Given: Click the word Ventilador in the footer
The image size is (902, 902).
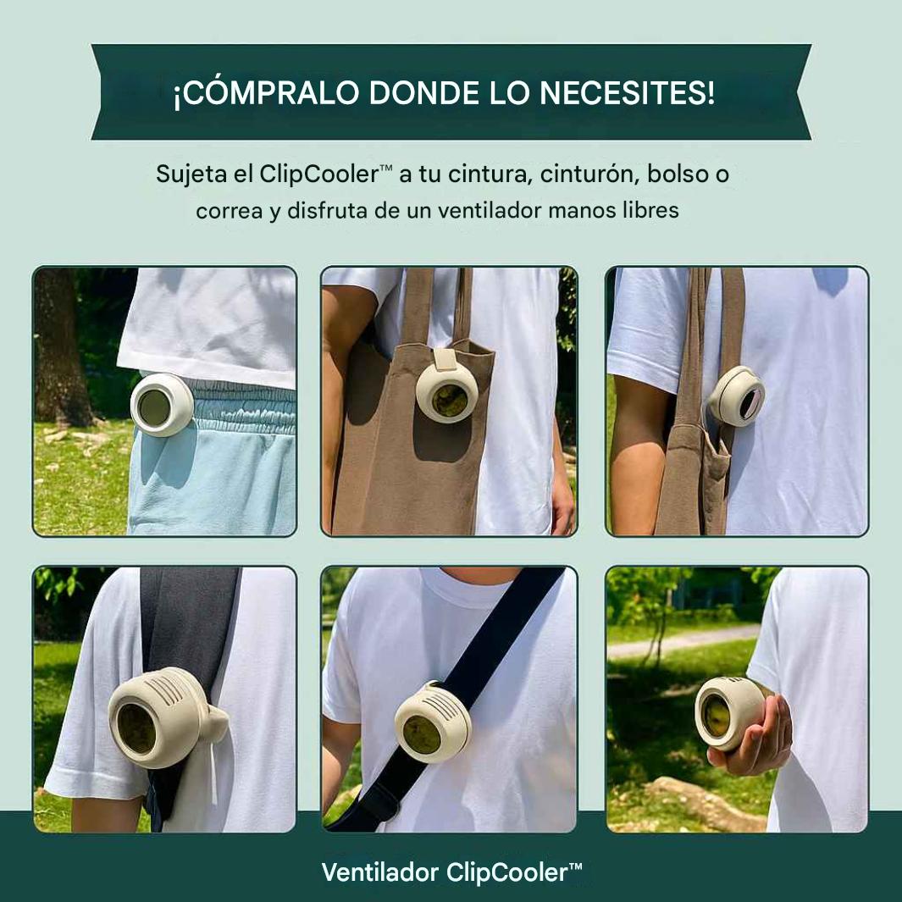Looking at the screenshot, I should [379, 872].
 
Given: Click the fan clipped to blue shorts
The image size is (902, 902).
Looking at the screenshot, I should [160, 405].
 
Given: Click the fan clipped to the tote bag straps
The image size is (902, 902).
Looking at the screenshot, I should [736, 396].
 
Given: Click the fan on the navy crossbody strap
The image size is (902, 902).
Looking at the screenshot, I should [432, 721].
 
